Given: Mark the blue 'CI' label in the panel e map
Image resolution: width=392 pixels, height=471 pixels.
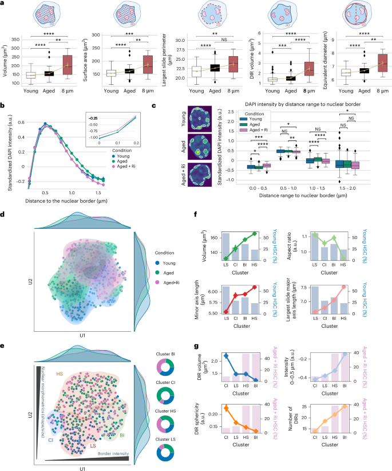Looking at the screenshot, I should tap(51, 423).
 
